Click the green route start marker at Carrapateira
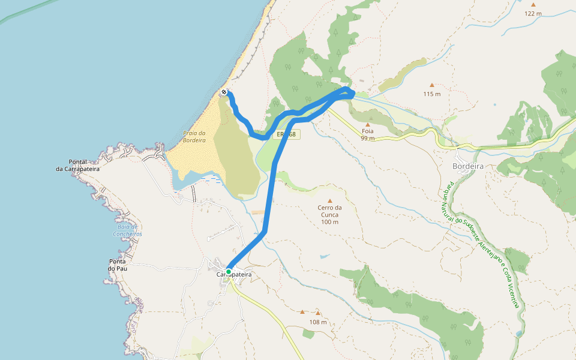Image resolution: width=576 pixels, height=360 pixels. (229, 272)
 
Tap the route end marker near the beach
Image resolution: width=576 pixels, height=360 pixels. (224, 92)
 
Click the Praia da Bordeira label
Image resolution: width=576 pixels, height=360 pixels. (194, 137)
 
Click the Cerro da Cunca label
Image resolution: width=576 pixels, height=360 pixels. (329, 215)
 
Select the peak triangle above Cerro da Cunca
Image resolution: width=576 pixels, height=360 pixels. (329, 201)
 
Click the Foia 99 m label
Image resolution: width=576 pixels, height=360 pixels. (368, 134)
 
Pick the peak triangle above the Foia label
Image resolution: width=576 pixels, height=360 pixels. (368, 125)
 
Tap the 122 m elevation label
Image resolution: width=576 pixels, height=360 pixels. (533, 13)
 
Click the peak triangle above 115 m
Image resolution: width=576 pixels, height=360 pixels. (431, 85)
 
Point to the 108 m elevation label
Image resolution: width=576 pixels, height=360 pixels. (318, 322)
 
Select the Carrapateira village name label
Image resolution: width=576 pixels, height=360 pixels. (234, 274)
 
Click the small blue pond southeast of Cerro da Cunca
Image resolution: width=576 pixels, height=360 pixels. (325, 256)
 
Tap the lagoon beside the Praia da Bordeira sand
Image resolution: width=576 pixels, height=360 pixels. (191, 179)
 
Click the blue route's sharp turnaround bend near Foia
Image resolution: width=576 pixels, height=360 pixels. (350, 91)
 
